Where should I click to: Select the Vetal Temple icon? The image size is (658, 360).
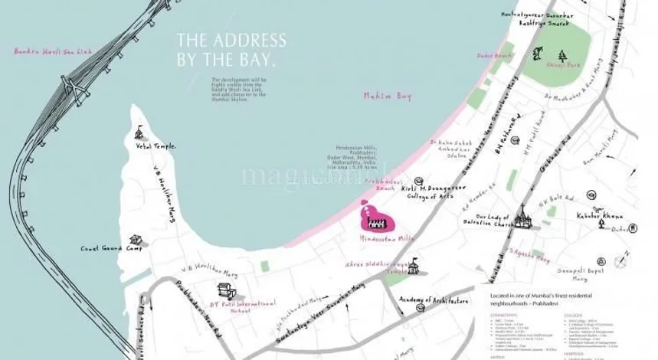coord(140,133)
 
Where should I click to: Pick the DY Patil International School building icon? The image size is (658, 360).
coord(224,291)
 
